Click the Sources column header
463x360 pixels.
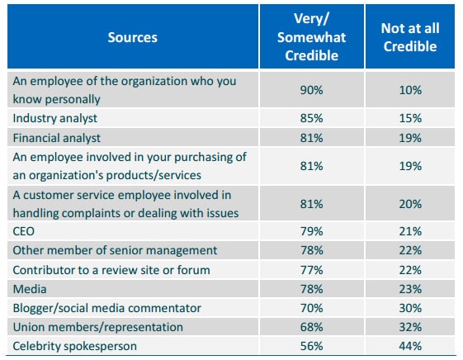coord(133,37)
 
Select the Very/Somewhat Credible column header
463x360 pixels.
coord(311,37)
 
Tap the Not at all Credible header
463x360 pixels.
coord(410,37)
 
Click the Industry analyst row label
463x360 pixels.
coord(55,118)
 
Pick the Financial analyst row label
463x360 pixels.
coord(57,138)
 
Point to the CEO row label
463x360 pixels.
coord(24,231)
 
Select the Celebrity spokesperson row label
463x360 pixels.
coord(75,346)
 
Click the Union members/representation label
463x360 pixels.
coord(98,327)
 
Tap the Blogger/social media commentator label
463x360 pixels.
coord(107,308)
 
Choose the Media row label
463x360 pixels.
coord(30,289)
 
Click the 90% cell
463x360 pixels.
coord(311,90)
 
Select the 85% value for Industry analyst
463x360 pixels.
coord(311,118)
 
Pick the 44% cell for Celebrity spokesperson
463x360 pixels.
coord(410,346)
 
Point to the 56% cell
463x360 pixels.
coord(311,346)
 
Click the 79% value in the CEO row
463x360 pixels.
coord(311,231)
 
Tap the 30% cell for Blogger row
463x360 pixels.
coord(410,308)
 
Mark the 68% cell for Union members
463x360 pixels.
coord(311,327)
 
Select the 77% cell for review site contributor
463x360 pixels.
coord(311,270)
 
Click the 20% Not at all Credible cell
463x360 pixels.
coord(410,204)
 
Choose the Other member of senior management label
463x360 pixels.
coord(115,250)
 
